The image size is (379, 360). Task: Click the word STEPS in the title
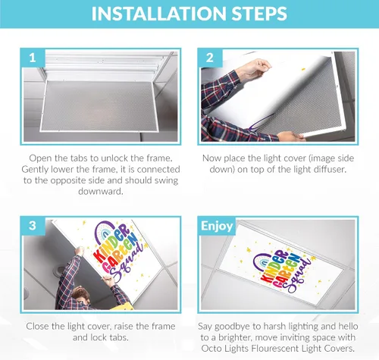[x=260, y=14]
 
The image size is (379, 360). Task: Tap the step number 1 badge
[x=33, y=58]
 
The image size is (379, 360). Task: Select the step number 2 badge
[x=210, y=58]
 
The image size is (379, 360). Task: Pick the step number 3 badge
[x=33, y=226]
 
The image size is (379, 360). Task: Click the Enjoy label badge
[x=217, y=226]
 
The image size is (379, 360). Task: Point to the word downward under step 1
[x=101, y=191]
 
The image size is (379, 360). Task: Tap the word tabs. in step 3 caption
[x=119, y=337]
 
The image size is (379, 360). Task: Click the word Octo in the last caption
[x=211, y=349]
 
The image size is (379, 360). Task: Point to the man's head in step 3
[x=80, y=297]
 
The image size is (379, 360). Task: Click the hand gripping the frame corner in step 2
[x=290, y=136]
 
